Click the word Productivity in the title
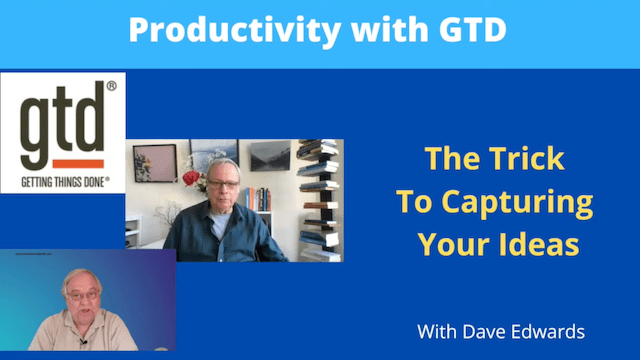pyautogui.click(x=205, y=31)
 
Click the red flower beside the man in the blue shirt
pyautogui.click(x=191, y=179)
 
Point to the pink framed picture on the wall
pyautogui.click(x=154, y=164)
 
